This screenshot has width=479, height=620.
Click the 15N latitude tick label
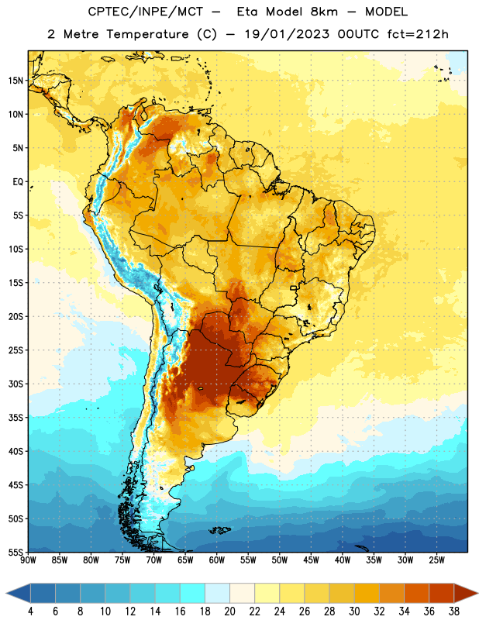16,81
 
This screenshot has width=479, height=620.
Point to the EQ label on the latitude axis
18,182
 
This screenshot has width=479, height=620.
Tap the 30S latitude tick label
16,384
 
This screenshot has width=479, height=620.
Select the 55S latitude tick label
16,552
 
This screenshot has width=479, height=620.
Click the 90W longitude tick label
28,560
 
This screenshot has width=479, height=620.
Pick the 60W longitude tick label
217,560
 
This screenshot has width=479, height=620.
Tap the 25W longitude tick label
436,560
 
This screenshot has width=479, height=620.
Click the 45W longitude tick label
311,560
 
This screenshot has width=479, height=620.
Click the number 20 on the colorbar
229,611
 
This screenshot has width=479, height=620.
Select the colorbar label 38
454,611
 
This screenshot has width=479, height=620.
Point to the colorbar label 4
30,611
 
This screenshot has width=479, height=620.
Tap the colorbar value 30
354,611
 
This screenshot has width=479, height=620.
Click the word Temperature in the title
147,34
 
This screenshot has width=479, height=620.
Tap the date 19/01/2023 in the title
287,34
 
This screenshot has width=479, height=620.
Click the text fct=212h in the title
418,34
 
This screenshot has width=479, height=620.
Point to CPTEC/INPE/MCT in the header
146,12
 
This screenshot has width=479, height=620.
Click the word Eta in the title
247,12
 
